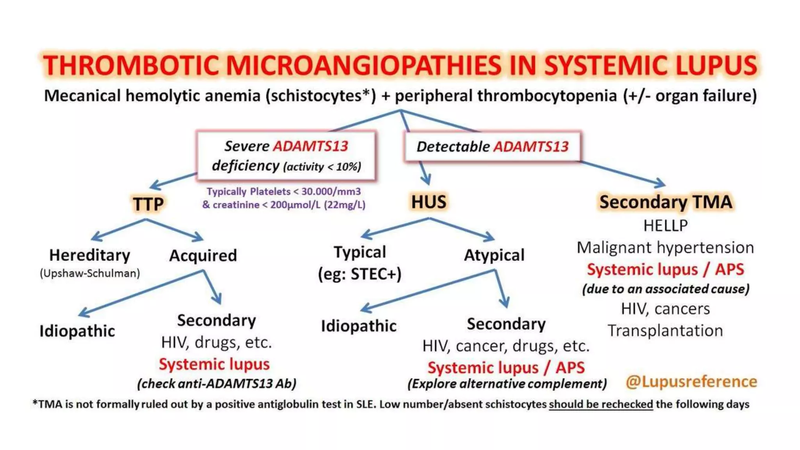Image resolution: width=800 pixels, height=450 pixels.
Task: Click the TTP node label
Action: pos(148,204)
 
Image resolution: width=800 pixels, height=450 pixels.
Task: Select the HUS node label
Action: pos(429,202)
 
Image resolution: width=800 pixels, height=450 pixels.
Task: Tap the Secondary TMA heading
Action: pos(666,202)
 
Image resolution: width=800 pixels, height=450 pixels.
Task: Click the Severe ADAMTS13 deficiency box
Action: pos(286,156)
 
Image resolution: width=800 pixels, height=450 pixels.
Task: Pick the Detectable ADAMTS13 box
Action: pos(492,146)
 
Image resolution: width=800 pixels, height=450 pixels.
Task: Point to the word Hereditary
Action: pos(89,255)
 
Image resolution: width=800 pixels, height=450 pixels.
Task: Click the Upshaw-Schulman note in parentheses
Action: pos(90,273)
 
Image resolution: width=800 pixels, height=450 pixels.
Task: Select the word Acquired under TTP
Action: pos(203,255)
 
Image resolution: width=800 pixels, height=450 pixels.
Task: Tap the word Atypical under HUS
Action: pos(494,255)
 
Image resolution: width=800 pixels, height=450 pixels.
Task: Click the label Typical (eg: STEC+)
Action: pos(360,263)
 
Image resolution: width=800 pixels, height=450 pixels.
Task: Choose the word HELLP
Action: pos(666,225)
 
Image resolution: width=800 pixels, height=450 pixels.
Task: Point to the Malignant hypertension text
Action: pos(665,247)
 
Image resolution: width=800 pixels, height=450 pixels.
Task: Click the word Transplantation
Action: pos(665,330)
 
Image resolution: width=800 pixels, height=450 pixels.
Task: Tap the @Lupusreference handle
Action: pos(691,381)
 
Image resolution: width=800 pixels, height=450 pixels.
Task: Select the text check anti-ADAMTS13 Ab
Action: pos(217,384)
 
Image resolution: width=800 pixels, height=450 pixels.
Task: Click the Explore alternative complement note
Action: pos(507,384)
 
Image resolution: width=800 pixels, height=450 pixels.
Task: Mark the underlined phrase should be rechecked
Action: pos(601,404)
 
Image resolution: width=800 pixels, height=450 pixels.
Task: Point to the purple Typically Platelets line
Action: pos(284,191)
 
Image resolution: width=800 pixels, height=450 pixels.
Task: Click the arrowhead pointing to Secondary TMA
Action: pos(660,183)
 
